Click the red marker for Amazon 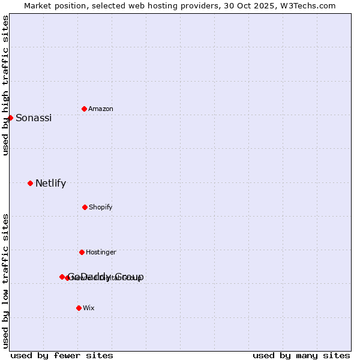tap(84, 109)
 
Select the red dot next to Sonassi tap(10, 118)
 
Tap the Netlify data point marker tap(30, 183)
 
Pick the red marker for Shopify tap(85, 207)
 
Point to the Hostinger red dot tap(82, 252)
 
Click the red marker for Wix tap(79, 308)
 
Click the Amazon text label tap(101, 109)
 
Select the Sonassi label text tap(34, 118)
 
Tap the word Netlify tap(50, 183)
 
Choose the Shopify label tap(101, 207)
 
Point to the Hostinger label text tap(101, 252)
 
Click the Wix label tap(89, 308)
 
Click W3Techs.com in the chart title tap(306, 5)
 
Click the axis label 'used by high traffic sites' tap(5, 85)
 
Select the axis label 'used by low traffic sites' tap(5, 281)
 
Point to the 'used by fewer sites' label tap(62, 355)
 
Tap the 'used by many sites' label tap(301, 355)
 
